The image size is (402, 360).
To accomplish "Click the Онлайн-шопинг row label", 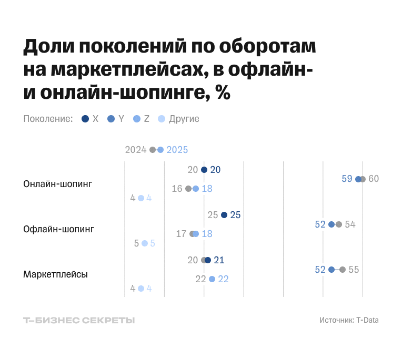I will (57, 184).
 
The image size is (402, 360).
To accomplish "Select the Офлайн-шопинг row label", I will (58, 229).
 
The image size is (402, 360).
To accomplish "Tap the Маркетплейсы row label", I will (55, 274).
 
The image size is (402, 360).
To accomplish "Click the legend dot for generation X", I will (85, 119).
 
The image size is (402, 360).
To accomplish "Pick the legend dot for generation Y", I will (111, 119).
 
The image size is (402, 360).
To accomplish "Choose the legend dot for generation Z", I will (137, 119).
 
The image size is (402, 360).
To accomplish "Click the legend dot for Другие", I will (162, 119).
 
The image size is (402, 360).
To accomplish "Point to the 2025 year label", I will (177, 150).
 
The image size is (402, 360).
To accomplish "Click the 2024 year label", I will (135, 150).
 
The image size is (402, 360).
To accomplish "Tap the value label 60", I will (374, 179).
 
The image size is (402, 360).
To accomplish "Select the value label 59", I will (347, 179).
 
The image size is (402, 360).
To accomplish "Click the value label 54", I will (350, 224).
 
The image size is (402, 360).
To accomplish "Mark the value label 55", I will (354, 270).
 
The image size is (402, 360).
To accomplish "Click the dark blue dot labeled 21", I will (208, 260).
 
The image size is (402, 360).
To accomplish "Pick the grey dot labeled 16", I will (188, 189).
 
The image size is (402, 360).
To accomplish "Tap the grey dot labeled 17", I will (193, 234).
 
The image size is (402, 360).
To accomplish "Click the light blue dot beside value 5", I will (145, 243).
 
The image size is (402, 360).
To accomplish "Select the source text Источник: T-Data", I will (349, 320).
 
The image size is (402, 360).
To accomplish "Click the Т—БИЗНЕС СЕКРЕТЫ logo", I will (79, 320).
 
